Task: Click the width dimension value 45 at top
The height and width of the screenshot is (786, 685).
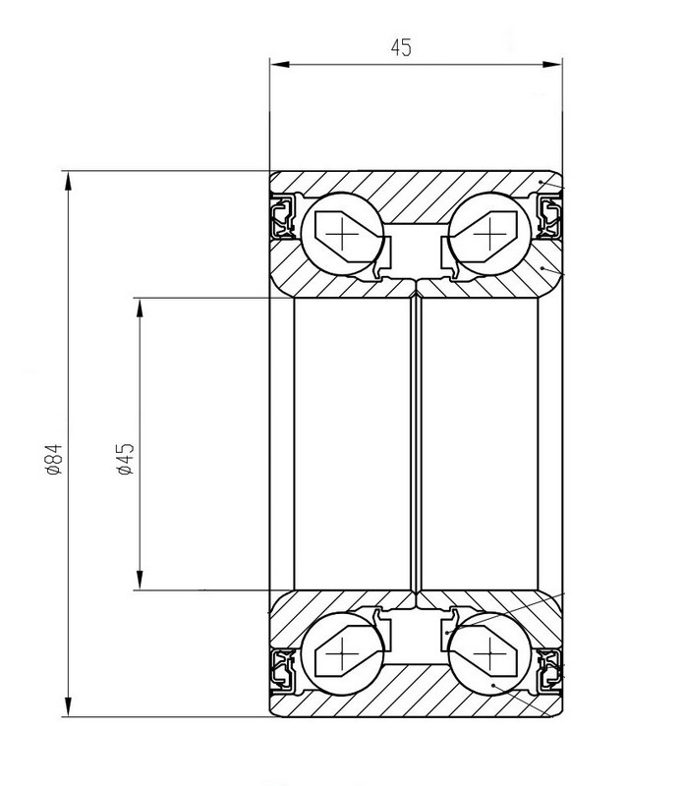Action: click(401, 47)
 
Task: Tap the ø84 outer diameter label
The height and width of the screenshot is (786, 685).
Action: click(53, 459)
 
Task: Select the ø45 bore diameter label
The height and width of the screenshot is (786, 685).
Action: click(125, 459)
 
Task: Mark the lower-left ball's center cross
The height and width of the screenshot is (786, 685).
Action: click(341, 653)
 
